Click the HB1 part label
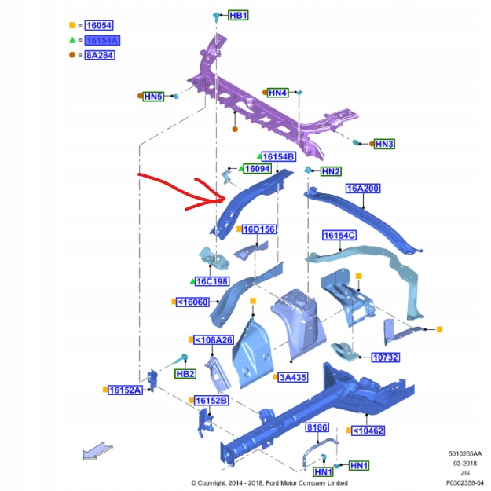[x=238, y=16]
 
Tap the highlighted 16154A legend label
[x=102, y=40]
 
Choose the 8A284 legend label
[x=100, y=55]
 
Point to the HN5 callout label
[x=153, y=97]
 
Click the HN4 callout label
[x=278, y=93]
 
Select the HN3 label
[x=384, y=144]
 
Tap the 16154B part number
[x=277, y=157]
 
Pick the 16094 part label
[x=257, y=169]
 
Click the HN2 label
[x=331, y=171]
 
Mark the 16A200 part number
[x=363, y=189]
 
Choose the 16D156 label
[x=258, y=229]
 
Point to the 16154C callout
[x=339, y=235]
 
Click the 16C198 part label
[x=212, y=281]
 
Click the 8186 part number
[x=317, y=427]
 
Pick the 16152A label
[x=125, y=390]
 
